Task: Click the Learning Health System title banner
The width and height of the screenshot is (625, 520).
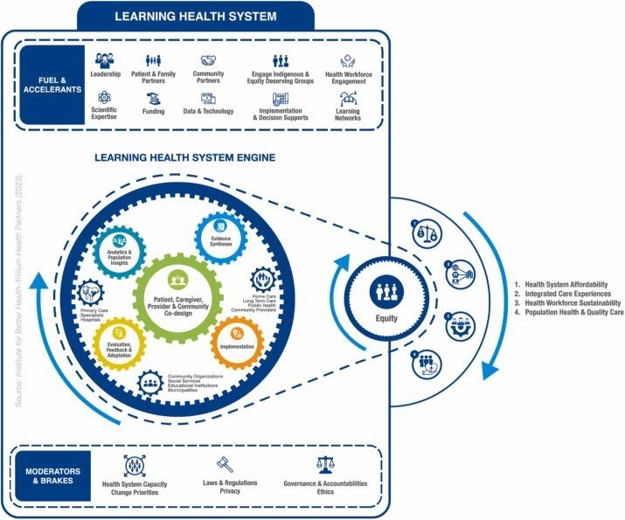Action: [196, 16]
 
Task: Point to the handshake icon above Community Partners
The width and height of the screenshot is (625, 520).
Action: [208, 61]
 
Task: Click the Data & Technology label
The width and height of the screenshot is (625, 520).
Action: [209, 112]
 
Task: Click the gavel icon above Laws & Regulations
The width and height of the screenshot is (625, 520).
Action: [225, 465]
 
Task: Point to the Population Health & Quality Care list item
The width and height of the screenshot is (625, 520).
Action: [569, 312]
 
